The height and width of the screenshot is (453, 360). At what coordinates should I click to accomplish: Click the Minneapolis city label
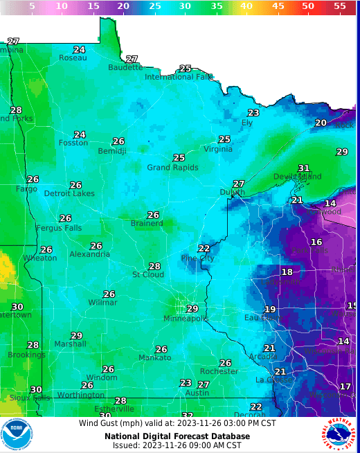coord(185,318)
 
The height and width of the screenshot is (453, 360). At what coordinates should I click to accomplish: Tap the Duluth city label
coord(232,192)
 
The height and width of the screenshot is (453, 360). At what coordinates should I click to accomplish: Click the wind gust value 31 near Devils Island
coord(303,168)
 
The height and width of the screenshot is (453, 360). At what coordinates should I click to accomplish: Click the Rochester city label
coord(219,371)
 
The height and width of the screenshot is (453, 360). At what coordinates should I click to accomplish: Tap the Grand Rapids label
coord(172,167)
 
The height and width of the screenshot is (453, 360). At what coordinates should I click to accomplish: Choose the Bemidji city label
coord(111,150)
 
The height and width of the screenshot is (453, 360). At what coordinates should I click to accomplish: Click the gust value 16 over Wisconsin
coord(316,242)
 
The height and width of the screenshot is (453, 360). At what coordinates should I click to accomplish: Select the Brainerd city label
coord(147,223)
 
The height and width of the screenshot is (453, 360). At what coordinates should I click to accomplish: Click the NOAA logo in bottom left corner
coord(17,434)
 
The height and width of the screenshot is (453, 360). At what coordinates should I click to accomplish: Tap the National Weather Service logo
coord(339,434)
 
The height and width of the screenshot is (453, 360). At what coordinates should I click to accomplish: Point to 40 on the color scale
coord(246,6)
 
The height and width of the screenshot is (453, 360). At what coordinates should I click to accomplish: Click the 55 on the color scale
coord(340,6)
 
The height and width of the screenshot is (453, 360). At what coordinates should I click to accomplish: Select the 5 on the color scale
coord(32,6)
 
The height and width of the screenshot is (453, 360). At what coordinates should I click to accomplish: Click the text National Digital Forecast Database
coord(177,436)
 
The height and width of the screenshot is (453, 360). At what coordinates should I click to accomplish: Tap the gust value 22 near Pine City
coord(204,249)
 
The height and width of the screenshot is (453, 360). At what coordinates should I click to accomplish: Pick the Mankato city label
coord(154,357)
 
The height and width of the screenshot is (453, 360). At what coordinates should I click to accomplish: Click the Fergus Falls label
coord(59,228)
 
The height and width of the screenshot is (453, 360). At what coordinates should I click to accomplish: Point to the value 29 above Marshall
coord(76,335)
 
